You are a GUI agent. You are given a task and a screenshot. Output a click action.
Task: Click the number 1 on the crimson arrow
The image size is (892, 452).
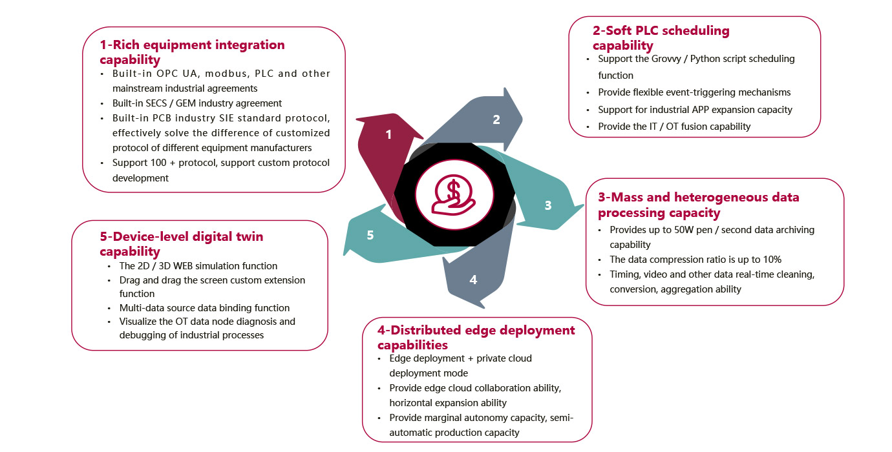pyautogui.click(x=388, y=134)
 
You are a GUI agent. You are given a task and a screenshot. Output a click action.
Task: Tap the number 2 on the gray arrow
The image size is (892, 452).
pyautogui.click(x=496, y=119)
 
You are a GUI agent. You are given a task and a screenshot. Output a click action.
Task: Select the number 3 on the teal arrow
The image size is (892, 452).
pyautogui.click(x=548, y=205)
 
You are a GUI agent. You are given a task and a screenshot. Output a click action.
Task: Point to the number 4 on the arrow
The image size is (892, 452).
pyautogui.click(x=473, y=280)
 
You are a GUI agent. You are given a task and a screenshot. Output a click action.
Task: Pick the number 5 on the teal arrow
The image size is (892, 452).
pyautogui.click(x=370, y=235)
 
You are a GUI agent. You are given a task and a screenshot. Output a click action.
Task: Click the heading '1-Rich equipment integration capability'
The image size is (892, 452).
pyautogui.click(x=192, y=52)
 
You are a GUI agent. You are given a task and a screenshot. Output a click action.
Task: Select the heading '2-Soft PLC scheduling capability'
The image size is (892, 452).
pyautogui.click(x=661, y=38)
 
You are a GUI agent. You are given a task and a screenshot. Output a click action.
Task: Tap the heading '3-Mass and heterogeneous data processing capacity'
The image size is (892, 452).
pyautogui.click(x=698, y=205)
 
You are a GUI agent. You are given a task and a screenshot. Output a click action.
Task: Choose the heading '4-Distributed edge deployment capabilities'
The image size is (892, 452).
pyautogui.click(x=476, y=337)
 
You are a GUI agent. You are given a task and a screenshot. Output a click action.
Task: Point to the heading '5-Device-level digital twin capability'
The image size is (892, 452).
pyautogui.click(x=182, y=243)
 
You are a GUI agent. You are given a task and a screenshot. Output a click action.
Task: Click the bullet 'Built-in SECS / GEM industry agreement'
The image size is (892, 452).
pyautogui.click(x=197, y=103)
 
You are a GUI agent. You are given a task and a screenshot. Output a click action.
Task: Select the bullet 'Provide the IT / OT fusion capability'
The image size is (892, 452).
pyautogui.click(x=674, y=127)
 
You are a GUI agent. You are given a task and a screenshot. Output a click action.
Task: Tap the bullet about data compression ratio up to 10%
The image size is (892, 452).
pyautogui.click(x=696, y=260)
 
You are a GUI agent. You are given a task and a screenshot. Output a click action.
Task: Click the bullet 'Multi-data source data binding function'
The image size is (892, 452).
pyautogui.click(x=204, y=308)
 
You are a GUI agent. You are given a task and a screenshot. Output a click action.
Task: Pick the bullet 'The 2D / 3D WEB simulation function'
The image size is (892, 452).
pyautogui.click(x=198, y=266)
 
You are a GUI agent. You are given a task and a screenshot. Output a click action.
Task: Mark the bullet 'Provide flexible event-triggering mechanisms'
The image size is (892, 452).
pyautogui.click(x=694, y=92)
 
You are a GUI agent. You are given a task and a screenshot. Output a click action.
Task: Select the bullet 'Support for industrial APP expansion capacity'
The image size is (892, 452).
pyautogui.click(x=695, y=110)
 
